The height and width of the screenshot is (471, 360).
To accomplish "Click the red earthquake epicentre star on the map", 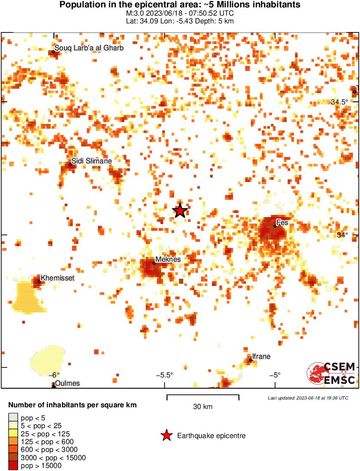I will tap(180, 211).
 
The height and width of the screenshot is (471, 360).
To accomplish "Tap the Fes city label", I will tap(282, 223).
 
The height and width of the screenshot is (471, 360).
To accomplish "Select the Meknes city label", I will tap(168, 259).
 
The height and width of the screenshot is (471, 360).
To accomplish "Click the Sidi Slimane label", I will tap(91, 161).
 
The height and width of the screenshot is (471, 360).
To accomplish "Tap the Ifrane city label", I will tap(261, 357).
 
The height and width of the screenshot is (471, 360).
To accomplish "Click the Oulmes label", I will tap(67, 383).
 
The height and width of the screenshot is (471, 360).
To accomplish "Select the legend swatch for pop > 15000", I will tap(13, 465).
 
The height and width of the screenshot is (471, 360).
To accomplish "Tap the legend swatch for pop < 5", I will tap(13, 418).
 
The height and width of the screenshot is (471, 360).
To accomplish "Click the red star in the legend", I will tap(165, 436).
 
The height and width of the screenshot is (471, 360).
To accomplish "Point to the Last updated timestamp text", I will tap(308, 398).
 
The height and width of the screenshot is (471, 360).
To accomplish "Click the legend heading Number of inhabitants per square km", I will tap(73, 406).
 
